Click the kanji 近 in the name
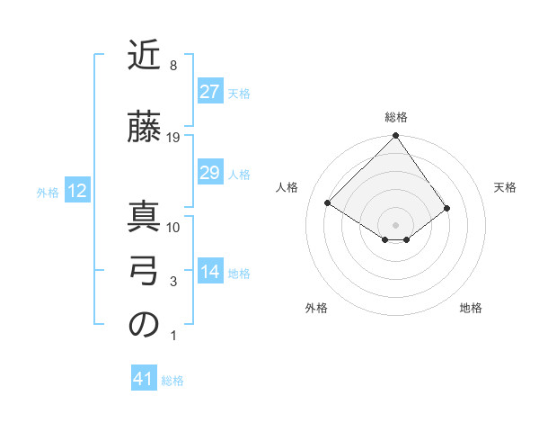pyautogui.click(x=144, y=57)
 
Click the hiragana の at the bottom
pyautogui.click(x=144, y=326)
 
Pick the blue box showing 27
pyautogui.click(x=209, y=92)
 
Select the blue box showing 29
pyautogui.click(x=209, y=173)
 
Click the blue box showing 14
pyautogui.click(x=209, y=273)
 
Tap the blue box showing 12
pyautogui.click(x=77, y=191)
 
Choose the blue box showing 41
pyautogui.click(x=144, y=379)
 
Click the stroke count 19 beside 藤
pyautogui.click(x=173, y=138)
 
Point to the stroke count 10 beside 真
pyautogui.click(x=173, y=227)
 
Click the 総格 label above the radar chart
pyautogui.click(x=395, y=117)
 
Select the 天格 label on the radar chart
pyautogui.click(x=506, y=187)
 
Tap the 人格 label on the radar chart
pyautogui.click(x=287, y=187)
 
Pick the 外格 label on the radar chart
pyautogui.click(x=315, y=308)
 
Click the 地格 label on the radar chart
pyautogui.click(x=471, y=308)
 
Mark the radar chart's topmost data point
pyautogui.click(x=395, y=136)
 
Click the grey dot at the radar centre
pyautogui.click(x=395, y=224)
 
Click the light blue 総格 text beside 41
pyautogui.click(x=172, y=381)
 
